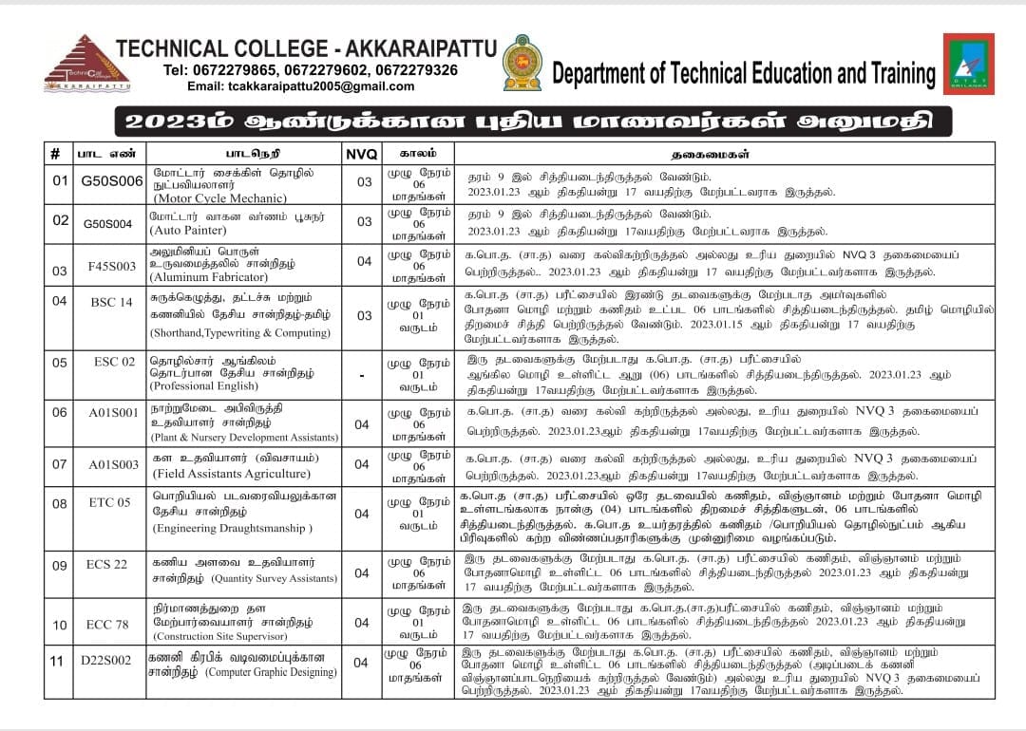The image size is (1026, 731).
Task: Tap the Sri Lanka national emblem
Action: click(522, 63)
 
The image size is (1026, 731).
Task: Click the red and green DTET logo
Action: click(968, 64)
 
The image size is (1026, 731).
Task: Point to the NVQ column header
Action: click(362, 153)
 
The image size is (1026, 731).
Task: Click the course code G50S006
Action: click(112, 181)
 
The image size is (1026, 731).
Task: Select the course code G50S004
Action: click(108, 223)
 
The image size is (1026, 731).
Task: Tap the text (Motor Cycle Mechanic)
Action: click(219, 198)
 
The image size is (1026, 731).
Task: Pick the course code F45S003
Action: click(112, 270)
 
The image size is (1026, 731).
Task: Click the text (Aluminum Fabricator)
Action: click(209, 277)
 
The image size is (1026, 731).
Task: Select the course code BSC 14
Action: click(112, 302)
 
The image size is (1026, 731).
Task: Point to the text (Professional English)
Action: click(211, 386)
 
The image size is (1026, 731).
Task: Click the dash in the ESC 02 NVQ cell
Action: click(362, 375)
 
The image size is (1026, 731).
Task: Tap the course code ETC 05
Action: click(110, 502)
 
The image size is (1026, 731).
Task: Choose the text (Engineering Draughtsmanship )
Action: click(233, 528)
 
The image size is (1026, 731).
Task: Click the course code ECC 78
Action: click(107, 624)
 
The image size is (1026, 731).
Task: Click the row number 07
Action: click(59, 464)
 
